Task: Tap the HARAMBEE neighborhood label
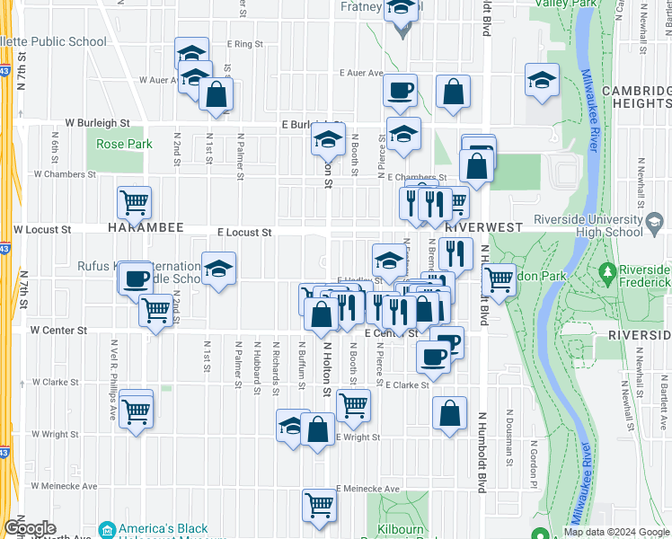146,229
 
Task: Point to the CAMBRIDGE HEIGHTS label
635,97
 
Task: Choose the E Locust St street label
244,232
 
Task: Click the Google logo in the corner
30,528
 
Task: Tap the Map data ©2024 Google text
617,532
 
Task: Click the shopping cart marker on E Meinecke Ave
320,505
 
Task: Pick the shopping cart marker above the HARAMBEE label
134,203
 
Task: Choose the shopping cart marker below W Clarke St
137,411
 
